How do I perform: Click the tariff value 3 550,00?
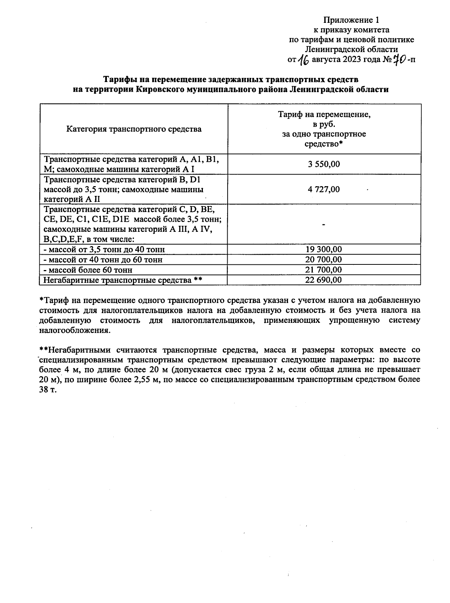[x=324, y=164]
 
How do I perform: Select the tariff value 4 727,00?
[x=324, y=190]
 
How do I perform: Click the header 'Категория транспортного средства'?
[x=134, y=129]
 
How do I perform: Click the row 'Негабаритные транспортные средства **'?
[x=123, y=280]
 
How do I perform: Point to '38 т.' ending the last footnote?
[x=48, y=389]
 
